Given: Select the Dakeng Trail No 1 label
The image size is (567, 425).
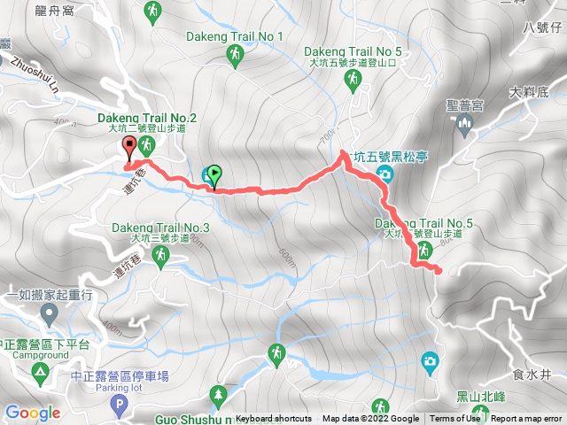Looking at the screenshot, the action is tap(235, 36).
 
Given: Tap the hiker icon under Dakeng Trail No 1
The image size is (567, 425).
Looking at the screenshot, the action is tap(235, 58).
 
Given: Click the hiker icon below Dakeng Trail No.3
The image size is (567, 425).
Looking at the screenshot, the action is tap(160, 256).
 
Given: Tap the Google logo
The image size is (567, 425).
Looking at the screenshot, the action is tap(32, 413).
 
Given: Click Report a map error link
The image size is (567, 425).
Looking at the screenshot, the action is tap(527, 419).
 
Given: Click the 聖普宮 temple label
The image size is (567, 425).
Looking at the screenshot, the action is tap(464, 104).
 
